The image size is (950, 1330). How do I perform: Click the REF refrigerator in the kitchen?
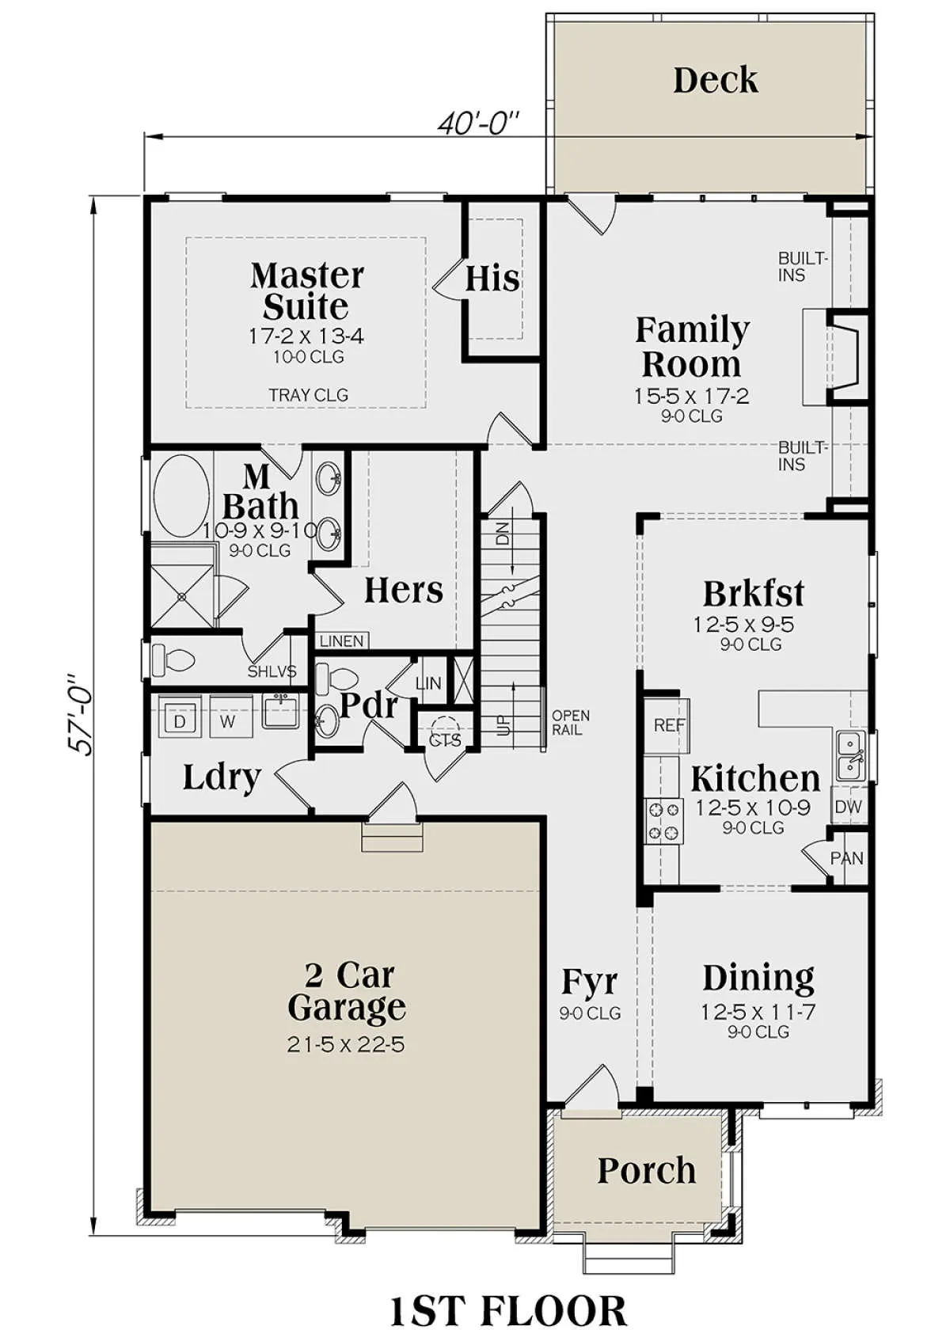coord(669,725)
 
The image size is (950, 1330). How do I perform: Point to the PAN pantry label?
coord(847,857)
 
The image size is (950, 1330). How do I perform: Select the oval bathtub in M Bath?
coord(181,496)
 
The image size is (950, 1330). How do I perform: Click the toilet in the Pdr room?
coord(336,678)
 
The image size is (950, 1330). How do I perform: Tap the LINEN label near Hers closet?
coord(341,641)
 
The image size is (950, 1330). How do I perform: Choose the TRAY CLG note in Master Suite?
coord(309,395)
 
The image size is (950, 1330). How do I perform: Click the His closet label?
coord(492,279)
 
